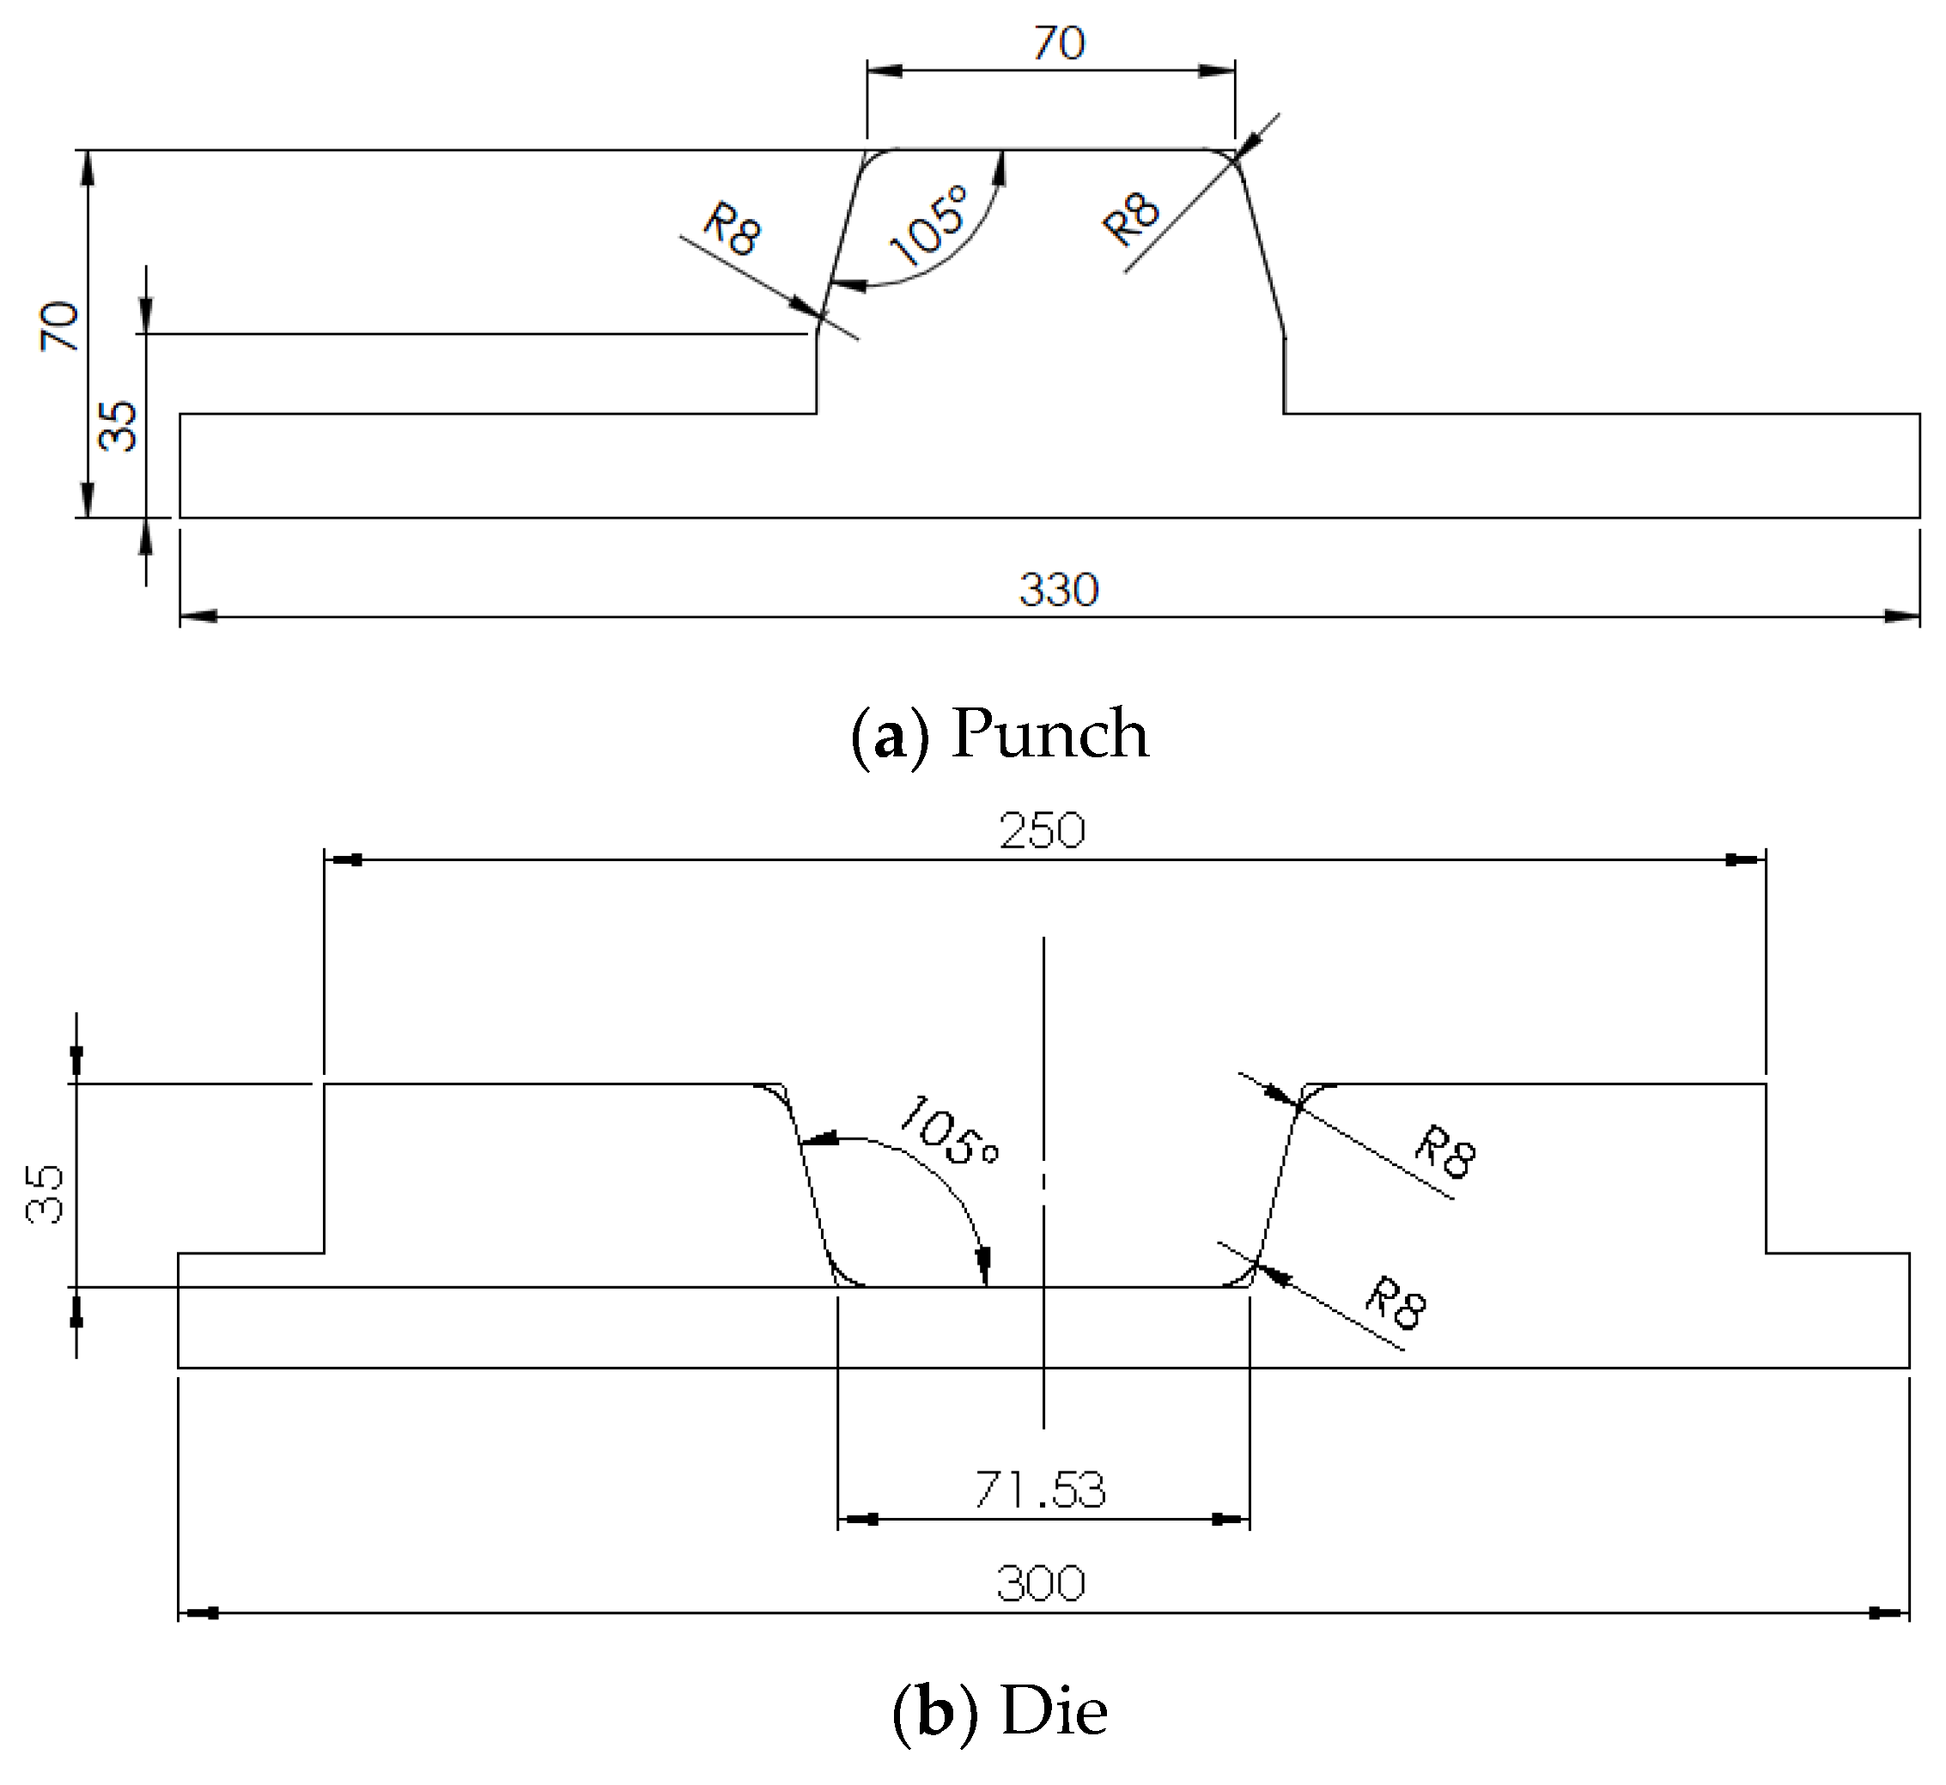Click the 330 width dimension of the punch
pos(1059,590)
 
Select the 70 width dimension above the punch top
pos(1059,44)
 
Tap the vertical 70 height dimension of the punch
pos(58,325)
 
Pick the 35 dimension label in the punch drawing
pos(118,426)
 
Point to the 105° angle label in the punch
pos(927,225)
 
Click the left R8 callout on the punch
pos(732,229)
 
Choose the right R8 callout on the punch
pos(1129,219)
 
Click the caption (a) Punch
pos(1000,733)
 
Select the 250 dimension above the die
pos(1042,832)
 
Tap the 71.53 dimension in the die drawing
pos(1040,1490)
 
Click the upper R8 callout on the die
pos(1445,1152)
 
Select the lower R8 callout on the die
pos(1396,1303)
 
